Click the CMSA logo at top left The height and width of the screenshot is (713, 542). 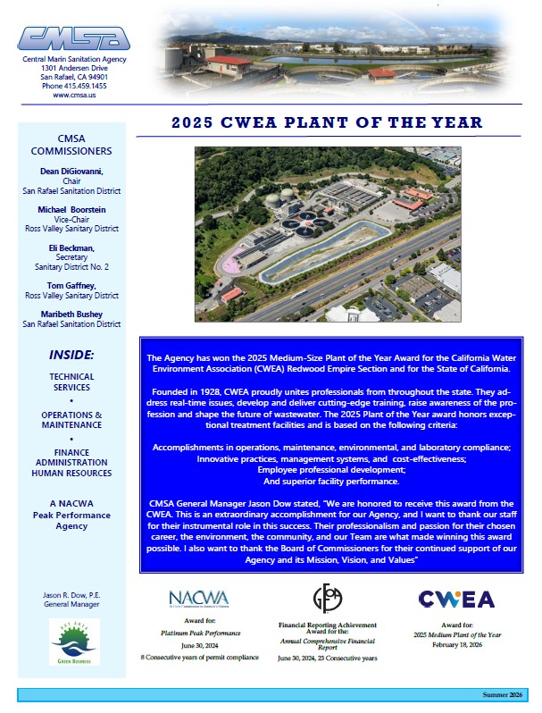[73, 38]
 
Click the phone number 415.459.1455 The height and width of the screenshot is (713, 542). [74, 86]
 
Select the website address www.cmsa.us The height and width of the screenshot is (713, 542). [74, 95]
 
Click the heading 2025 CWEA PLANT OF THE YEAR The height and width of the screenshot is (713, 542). [327, 122]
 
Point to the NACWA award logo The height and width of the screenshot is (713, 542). [198, 597]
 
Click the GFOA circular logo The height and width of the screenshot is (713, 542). [326, 596]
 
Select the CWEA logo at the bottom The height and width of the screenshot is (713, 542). [456, 598]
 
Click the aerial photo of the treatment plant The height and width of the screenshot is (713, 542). [327, 234]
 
